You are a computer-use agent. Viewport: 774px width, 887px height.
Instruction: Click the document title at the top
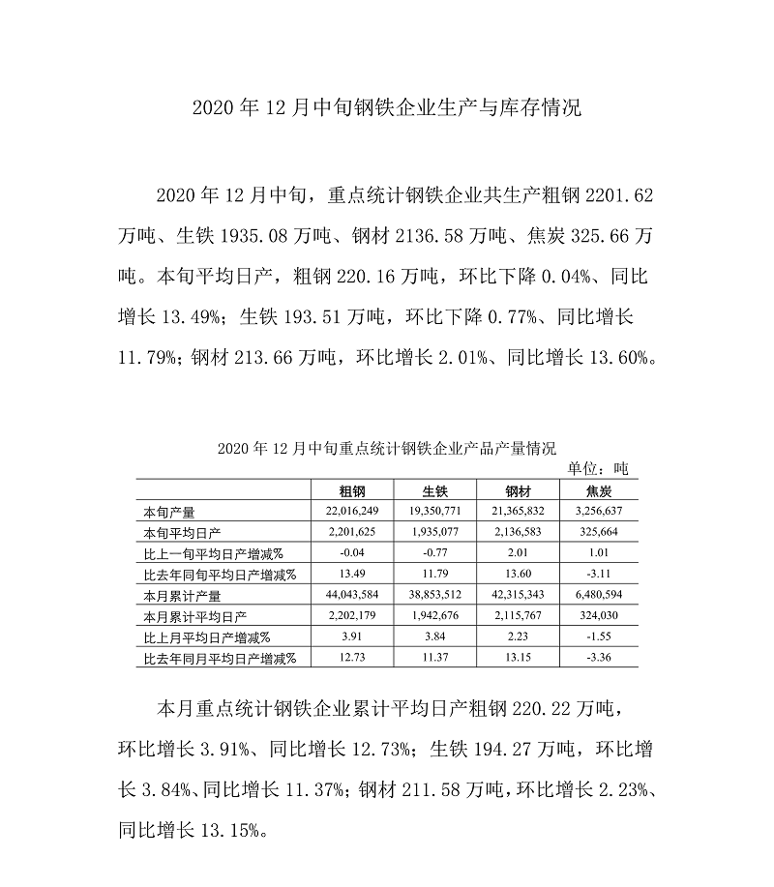(386, 106)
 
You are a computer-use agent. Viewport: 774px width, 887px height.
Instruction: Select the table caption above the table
(387, 448)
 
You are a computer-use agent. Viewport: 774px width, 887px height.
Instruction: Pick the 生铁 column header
(435, 490)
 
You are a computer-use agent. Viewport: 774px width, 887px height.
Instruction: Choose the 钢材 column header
(519, 490)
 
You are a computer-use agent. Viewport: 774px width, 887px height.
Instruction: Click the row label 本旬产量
(169, 512)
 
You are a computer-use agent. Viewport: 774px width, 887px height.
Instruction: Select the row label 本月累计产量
(182, 596)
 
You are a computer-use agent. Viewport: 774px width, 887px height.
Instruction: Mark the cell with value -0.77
(435, 553)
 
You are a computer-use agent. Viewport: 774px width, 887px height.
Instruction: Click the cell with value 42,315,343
(519, 596)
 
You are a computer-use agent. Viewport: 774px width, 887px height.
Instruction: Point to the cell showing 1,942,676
(435, 617)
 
